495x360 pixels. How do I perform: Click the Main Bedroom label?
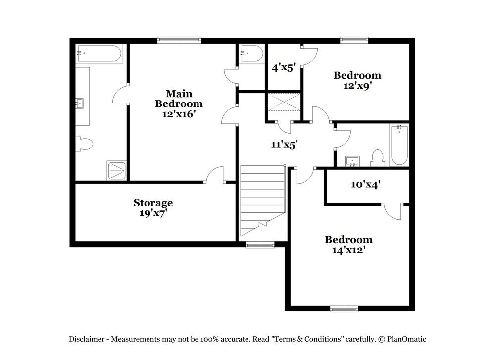click(x=179, y=103)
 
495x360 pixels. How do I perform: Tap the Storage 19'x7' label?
click(x=153, y=207)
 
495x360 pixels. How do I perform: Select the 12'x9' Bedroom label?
click(x=357, y=80)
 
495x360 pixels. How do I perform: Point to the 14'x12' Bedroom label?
click(x=348, y=245)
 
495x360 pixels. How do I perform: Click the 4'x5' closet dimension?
click(x=284, y=67)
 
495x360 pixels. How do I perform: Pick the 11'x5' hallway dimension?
click(x=284, y=144)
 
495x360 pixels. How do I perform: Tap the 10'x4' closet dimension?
click(x=366, y=184)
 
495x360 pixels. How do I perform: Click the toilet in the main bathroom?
click(x=84, y=144)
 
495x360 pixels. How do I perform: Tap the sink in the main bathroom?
click(x=79, y=103)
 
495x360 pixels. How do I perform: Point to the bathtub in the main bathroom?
click(x=99, y=53)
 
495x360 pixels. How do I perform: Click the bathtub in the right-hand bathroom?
click(x=399, y=145)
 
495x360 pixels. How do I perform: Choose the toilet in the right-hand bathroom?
click(x=378, y=158)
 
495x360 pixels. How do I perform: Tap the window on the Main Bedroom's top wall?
click(x=179, y=40)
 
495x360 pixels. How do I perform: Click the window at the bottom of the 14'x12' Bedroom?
click(x=344, y=309)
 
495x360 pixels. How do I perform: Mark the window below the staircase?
click(x=260, y=244)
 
